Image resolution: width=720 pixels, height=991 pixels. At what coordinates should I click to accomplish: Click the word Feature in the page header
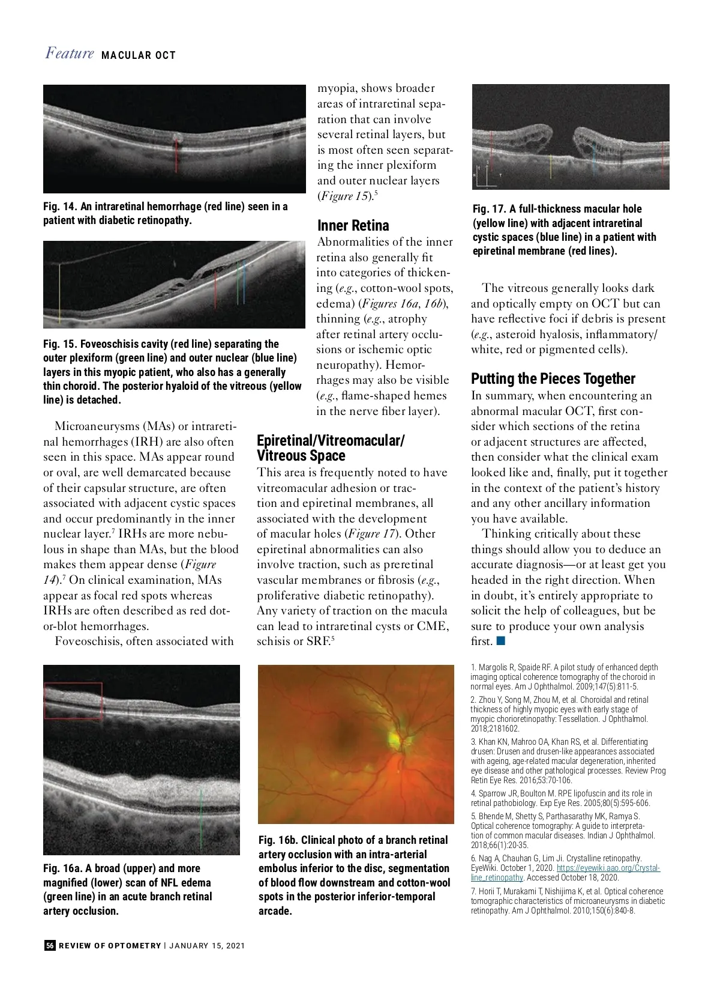[70, 53]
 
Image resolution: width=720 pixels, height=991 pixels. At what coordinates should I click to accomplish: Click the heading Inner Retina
[353, 225]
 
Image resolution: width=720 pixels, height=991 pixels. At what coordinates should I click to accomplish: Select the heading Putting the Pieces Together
[553, 378]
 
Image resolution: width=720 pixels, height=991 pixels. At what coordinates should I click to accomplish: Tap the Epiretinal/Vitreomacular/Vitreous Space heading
[331, 448]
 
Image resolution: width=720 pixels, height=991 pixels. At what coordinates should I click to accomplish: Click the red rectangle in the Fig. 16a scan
[73, 700]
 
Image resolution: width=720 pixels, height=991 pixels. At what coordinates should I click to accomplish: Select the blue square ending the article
[501, 641]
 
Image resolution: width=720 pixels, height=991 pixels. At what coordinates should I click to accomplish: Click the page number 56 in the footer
[50, 945]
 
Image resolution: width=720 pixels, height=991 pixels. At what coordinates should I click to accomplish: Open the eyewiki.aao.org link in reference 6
[608, 868]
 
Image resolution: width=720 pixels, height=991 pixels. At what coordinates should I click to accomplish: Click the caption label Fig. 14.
[60, 207]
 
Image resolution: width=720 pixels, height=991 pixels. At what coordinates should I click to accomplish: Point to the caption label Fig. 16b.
[278, 840]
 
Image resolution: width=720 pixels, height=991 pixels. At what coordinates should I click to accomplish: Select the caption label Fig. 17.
[489, 209]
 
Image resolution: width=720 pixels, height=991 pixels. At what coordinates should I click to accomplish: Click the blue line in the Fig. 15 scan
[244, 282]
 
